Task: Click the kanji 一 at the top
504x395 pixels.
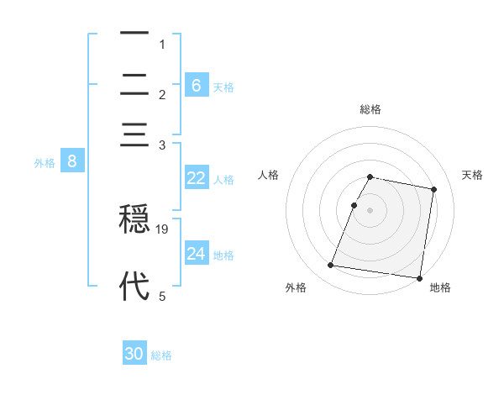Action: tap(134, 34)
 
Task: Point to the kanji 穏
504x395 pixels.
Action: tap(134, 220)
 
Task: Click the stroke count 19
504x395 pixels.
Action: tap(163, 229)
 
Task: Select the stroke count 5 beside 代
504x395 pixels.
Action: tap(162, 296)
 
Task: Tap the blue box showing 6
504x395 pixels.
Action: tap(197, 85)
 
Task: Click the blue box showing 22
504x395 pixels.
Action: tap(197, 178)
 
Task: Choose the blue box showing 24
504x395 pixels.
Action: tap(197, 253)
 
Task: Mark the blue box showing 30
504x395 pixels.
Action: tap(134, 354)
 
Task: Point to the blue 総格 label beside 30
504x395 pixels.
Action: tap(162, 355)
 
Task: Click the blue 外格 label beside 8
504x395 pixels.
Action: tap(45, 163)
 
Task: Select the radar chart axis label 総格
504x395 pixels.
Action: tap(370, 109)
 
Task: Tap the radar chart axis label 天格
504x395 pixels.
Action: tap(472, 175)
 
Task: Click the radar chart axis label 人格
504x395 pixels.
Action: tap(268, 175)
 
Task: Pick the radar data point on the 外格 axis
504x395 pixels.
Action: tap(331, 266)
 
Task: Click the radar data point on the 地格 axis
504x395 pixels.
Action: tap(418, 277)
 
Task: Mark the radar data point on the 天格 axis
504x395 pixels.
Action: tap(434, 190)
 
